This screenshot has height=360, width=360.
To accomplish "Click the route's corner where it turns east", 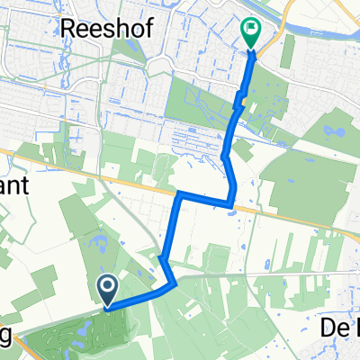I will coord(180,193).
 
